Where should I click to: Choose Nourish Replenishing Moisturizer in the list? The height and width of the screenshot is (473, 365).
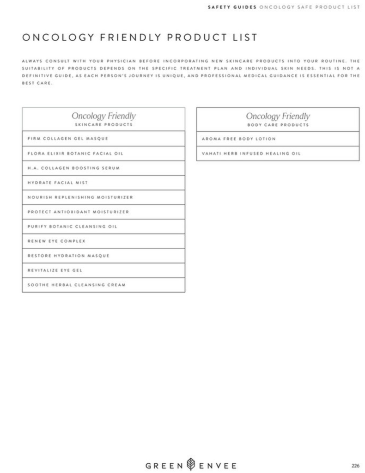80,197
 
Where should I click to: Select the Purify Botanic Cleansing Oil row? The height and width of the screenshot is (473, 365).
72,227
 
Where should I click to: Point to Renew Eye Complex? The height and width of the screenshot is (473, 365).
56,241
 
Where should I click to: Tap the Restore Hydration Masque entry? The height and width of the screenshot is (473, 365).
68,256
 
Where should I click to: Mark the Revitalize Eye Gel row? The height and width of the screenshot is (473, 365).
55,270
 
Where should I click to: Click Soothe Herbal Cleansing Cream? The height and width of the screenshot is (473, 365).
76,285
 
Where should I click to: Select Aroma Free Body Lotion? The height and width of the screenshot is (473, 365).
238,139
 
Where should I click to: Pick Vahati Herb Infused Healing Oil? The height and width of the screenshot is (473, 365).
251,154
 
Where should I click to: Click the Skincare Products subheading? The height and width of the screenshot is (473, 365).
103,125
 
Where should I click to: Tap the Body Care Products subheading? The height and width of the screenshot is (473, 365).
278,125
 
